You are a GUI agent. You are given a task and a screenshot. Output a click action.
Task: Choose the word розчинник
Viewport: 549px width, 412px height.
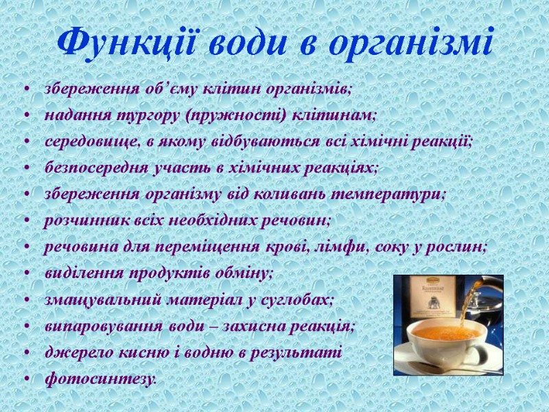(84, 220)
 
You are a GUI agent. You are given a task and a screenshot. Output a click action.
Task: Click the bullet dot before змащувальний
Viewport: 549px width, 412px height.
(27, 300)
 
